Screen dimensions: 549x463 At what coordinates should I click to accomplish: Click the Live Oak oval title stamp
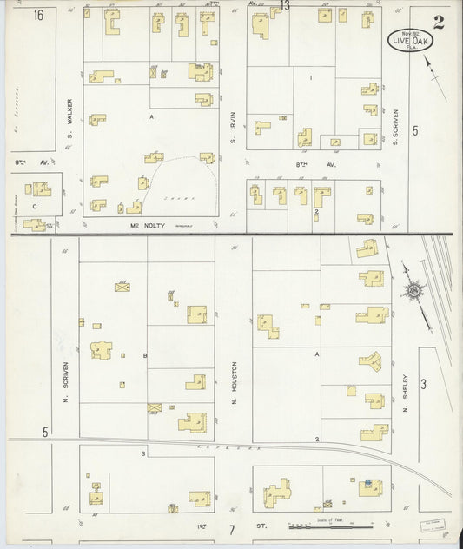(x=407, y=41)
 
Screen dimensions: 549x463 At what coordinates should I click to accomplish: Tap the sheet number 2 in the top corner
(x=439, y=22)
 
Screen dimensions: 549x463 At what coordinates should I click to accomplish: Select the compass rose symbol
(x=414, y=289)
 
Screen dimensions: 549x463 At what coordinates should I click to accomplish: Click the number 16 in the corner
(x=39, y=15)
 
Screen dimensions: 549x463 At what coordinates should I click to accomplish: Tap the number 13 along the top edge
(x=286, y=7)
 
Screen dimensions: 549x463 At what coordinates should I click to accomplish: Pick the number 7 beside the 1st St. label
(x=233, y=529)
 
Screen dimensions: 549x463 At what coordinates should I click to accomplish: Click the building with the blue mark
(x=368, y=483)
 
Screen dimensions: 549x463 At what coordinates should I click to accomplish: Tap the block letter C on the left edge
(x=36, y=206)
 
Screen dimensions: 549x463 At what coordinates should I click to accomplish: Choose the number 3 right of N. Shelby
(x=423, y=383)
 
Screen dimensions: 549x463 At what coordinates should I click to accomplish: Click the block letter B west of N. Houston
(x=144, y=355)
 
